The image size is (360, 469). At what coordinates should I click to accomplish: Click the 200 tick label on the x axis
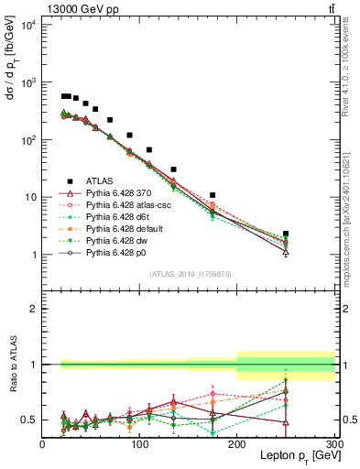pos(236,444)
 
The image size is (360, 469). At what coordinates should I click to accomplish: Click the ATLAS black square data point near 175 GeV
pos(213,195)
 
